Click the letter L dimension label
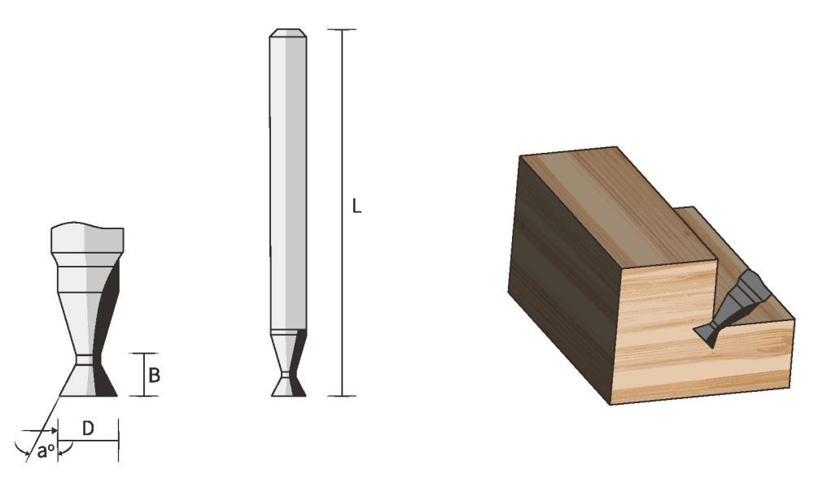point(356,206)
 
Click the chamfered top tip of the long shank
point(287,33)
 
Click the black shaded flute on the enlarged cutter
point(108,325)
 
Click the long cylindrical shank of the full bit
point(287,179)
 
